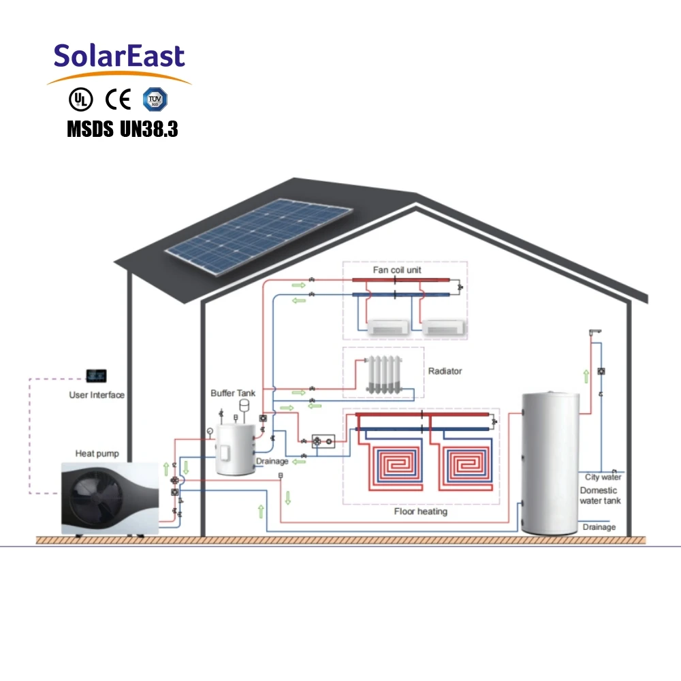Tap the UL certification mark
click(80, 99)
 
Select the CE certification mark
click(118, 99)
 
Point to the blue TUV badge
click(155, 99)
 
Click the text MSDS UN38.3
click(123, 129)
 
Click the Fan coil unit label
click(397, 270)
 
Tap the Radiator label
click(445, 371)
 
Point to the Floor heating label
click(421, 511)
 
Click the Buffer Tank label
click(233, 393)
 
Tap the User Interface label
click(97, 395)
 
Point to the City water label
click(603, 477)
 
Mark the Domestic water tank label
click(599, 496)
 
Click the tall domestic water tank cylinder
click(549, 463)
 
